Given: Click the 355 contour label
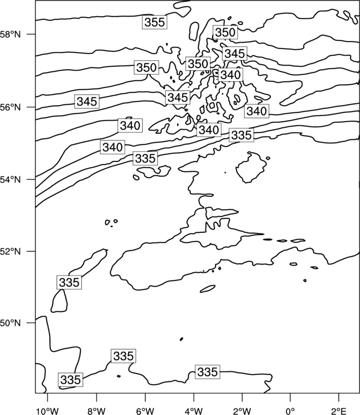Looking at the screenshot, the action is pyautogui.click(x=155, y=22).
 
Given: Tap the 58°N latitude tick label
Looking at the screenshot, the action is pyautogui.click(x=11, y=34).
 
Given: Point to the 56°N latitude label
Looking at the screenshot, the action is pyautogui.click(x=11, y=107).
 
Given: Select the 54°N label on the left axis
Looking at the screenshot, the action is pyautogui.click(x=11, y=180).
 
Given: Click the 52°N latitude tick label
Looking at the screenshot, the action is pyautogui.click(x=11, y=251).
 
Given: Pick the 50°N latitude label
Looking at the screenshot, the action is pyautogui.click(x=11, y=323).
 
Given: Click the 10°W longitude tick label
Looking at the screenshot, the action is pyautogui.click(x=47, y=411).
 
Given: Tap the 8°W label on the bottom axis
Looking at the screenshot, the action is pyautogui.click(x=96, y=411).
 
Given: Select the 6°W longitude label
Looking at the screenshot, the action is pyautogui.click(x=145, y=411).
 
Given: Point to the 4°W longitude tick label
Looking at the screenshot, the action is pyautogui.click(x=194, y=411).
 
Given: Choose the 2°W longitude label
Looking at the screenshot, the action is pyautogui.click(x=242, y=411).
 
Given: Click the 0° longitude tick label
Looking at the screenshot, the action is pyautogui.click(x=290, y=411).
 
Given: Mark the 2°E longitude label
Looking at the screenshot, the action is pyautogui.click(x=339, y=411).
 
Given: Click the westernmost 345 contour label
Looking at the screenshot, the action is pyautogui.click(x=87, y=101).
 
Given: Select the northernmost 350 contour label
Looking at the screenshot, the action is pyautogui.click(x=225, y=32).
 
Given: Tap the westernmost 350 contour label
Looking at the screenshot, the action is pyautogui.click(x=146, y=68).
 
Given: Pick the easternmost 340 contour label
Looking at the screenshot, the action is pyautogui.click(x=256, y=111).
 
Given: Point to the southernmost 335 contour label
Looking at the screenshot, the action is pyautogui.click(x=70, y=380).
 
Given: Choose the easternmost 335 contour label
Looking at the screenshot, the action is pyautogui.click(x=241, y=135).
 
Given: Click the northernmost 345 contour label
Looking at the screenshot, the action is pyautogui.click(x=235, y=54).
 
